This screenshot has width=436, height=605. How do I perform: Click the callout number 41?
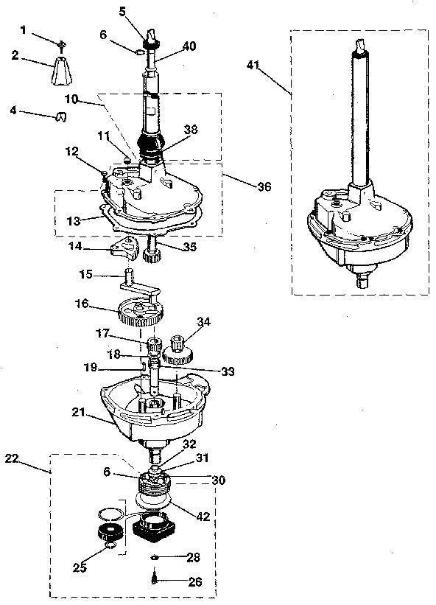[x=254, y=66]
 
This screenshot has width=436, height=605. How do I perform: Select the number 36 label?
[x=263, y=186]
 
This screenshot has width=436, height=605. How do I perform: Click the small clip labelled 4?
[x=61, y=116]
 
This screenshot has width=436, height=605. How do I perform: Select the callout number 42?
[x=203, y=516]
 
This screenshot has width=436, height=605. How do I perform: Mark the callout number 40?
[x=189, y=46]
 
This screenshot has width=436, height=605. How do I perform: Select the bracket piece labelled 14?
[x=123, y=251]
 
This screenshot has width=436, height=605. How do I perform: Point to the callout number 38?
[x=191, y=128]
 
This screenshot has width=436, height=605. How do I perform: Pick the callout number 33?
[x=228, y=372]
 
